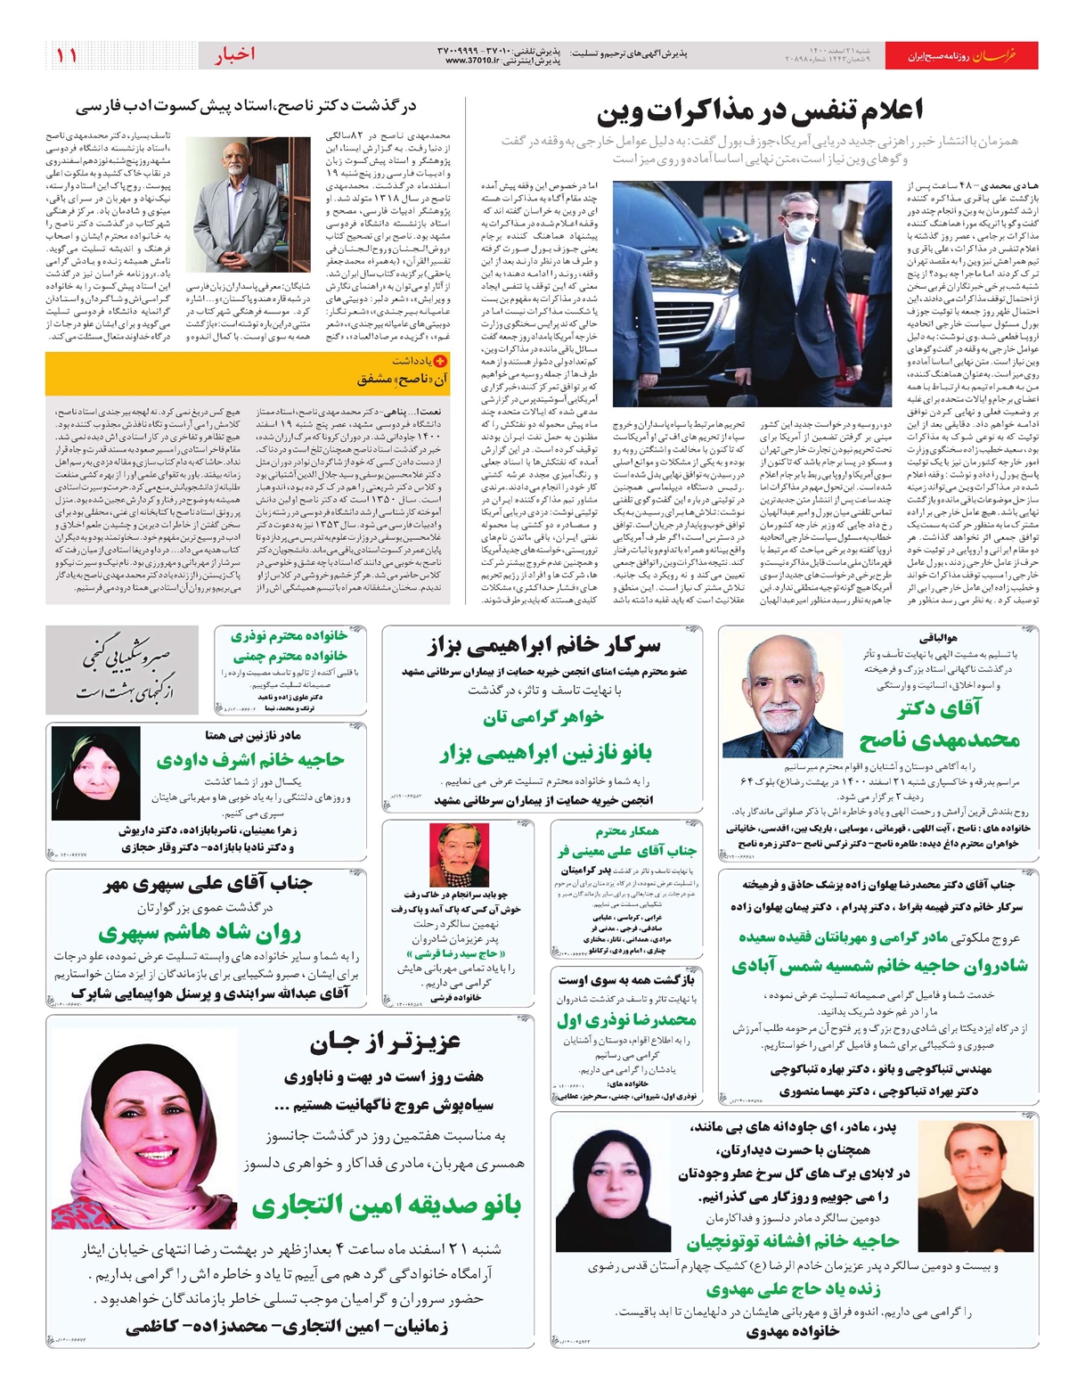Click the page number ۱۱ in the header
pyautogui.click(x=67, y=55)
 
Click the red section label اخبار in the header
pyautogui.click(x=235, y=55)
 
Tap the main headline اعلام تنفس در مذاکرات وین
pyautogui.click(x=760, y=111)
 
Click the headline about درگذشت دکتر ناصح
pyautogui.click(x=246, y=107)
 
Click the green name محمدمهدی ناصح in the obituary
pyautogui.click(x=939, y=739)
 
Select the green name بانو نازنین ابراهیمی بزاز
pyautogui.click(x=546, y=754)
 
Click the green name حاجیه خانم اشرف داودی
pyautogui.click(x=249, y=759)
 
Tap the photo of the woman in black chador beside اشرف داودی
pyautogui.click(x=95, y=773)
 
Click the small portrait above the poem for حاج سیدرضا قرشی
pyautogui.click(x=459, y=854)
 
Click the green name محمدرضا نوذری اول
pyautogui.click(x=626, y=1019)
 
